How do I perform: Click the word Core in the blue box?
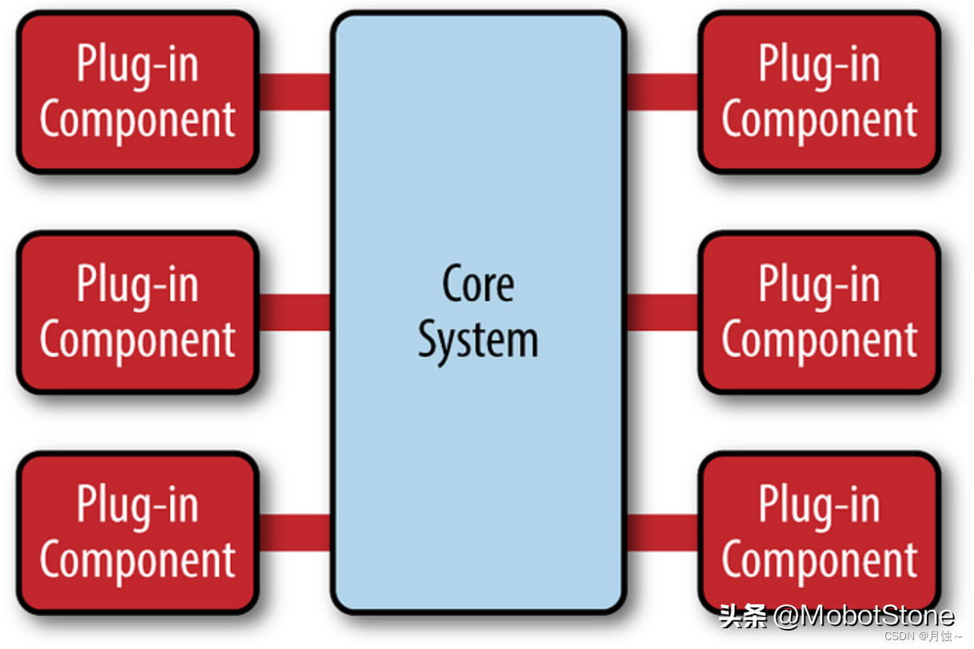pyautogui.click(x=478, y=284)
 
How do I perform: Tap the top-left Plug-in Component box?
pyautogui.click(x=138, y=92)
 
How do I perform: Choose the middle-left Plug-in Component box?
pyautogui.click(x=138, y=312)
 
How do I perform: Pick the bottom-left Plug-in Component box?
pyautogui.click(x=138, y=532)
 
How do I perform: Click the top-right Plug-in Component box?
pyautogui.click(x=819, y=92)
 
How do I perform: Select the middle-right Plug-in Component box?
pyautogui.click(x=819, y=312)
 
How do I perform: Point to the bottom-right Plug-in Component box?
pyautogui.click(x=819, y=532)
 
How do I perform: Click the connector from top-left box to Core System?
pyautogui.click(x=294, y=92)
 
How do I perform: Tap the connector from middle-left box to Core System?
pyautogui.click(x=294, y=312)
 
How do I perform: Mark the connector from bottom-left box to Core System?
pyautogui.click(x=294, y=532)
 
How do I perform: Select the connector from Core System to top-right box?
pyautogui.click(x=662, y=92)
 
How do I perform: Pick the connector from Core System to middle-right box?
pyautogui.click(x=662, y=312)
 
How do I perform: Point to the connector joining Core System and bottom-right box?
pyautogui.click(x=662, y=532)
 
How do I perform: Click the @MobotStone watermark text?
pyautogui.click(x=864, y=615)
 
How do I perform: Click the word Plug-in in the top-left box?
pyautogui.click(x=138, y=64)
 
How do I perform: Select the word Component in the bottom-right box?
pyautogui.click(x=819, y=559)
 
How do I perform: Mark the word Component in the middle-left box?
pyautogui.click(x=138, y=340)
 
